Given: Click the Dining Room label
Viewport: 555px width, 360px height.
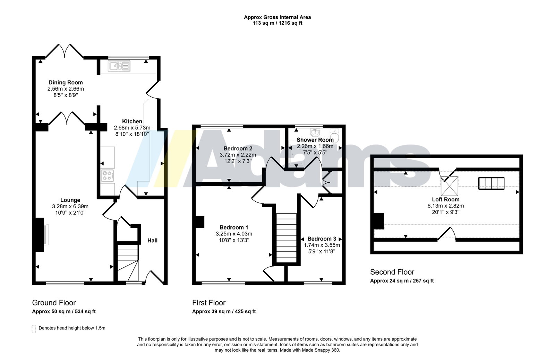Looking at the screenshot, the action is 66,83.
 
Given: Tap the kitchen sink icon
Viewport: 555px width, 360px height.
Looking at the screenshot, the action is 119,66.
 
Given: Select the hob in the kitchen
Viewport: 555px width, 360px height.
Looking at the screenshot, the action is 108,176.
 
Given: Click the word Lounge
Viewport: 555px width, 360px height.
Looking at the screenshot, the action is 70,200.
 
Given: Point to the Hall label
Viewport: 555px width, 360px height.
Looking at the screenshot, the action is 152,241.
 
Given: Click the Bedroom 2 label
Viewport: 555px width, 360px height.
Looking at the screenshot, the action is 238,149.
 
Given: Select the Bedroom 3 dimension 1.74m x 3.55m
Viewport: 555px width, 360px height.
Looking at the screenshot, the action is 322,245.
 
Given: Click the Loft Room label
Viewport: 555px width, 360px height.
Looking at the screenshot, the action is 446,200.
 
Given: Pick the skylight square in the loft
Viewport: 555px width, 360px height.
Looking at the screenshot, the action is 449,186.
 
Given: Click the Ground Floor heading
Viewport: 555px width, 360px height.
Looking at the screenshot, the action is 54,303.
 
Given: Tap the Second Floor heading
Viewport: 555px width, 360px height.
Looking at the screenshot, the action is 392,272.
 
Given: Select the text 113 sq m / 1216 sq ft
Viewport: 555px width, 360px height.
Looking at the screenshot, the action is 277,23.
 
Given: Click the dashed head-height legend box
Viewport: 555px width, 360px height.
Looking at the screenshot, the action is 34,329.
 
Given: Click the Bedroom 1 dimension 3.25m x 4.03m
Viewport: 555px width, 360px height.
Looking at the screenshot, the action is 234,234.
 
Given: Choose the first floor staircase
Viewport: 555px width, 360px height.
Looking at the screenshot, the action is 287,238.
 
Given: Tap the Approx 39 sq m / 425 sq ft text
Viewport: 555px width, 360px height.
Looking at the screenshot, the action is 224,312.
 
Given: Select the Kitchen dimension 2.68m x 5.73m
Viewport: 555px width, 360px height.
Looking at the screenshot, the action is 132,128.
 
